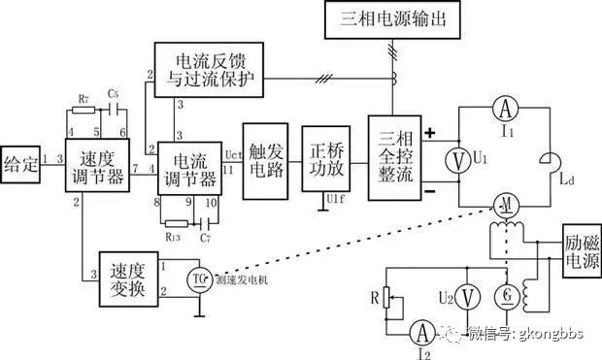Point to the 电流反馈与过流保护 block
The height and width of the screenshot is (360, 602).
point(208,69)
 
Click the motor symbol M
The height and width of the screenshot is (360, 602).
point(505,205)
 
